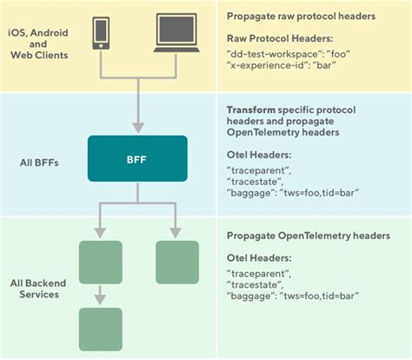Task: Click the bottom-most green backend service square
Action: [x=100, y=329]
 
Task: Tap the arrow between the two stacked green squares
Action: [x=100, y=296]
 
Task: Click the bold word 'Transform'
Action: [x=251, y=111]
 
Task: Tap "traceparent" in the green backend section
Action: [x=257, y=273]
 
